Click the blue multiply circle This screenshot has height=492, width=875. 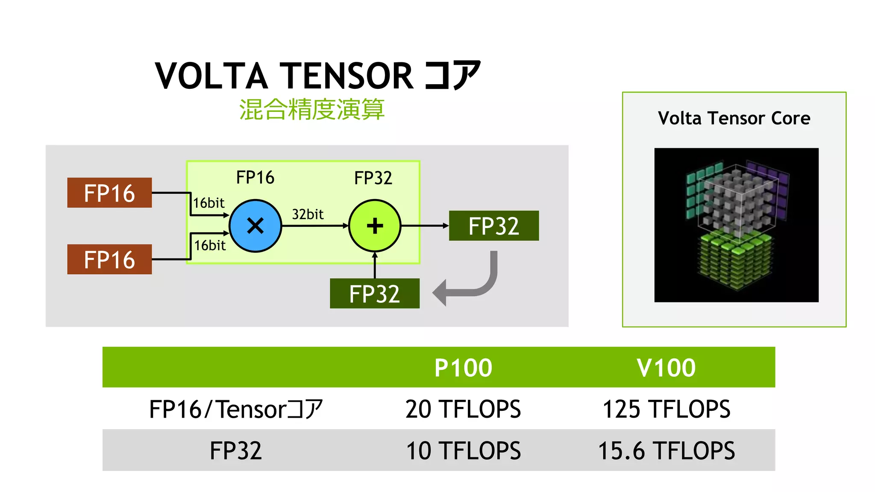point(255,225)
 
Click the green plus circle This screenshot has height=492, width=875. point(375,225)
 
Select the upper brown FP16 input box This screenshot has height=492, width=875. point(109,193)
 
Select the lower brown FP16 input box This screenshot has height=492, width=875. point(109,259)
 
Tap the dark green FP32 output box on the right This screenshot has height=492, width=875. point(493,225)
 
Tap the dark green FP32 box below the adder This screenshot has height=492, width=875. point(374,293)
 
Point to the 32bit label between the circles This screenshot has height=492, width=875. point(308,214)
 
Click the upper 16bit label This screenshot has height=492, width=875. point(208,203)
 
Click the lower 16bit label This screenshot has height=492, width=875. point(210,245)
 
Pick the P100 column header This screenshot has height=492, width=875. point(463,367)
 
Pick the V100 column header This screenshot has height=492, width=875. point(666,367)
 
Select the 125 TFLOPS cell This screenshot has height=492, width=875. point(666,409)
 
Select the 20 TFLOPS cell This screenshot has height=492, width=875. point(463,409)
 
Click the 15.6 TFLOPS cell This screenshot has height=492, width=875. point(666,451)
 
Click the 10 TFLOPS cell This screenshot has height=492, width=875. point(463,451)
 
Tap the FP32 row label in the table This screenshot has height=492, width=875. point(235,451)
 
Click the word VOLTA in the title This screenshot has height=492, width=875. point(211,76)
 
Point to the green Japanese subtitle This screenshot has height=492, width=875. point(311,109)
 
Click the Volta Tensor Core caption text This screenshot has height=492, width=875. point(734,118)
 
